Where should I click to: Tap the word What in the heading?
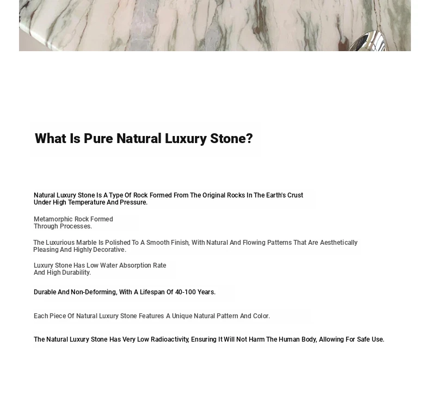click(x=51, y=139)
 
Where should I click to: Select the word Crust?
click(x=294, y=195)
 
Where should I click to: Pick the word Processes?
click(x=76, y=226)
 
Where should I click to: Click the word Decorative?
click(x=109, y=250)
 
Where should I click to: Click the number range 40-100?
click(x=186, y=292)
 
